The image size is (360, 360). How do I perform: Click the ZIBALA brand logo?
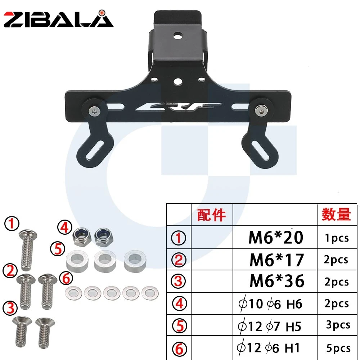click(x=59, y=19)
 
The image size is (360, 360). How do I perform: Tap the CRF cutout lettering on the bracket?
click(x=179, y=107)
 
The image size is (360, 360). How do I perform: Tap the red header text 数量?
click(x=336, y=215)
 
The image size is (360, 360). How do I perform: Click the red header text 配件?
click(x=211, y=215)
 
